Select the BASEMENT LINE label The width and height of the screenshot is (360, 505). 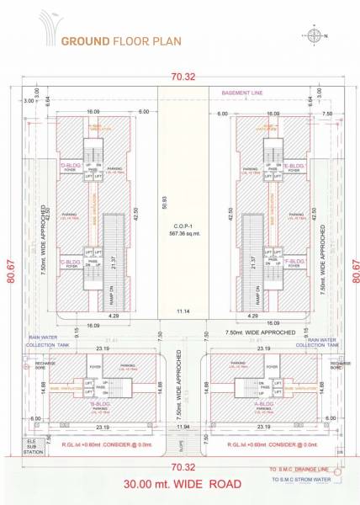tap(245, 93)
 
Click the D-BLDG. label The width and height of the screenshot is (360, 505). tap(70, 166)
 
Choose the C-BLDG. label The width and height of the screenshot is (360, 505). tap(70, 262)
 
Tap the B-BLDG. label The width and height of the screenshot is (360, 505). tap(100, 403)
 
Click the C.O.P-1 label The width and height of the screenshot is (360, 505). tap(180, 228)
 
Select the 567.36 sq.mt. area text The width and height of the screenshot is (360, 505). tap(180, 236)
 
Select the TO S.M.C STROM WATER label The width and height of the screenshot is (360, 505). tap(310, 479)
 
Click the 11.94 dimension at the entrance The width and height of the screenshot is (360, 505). tap(180, 428)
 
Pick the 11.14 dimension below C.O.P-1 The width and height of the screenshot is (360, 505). tap(180, 311)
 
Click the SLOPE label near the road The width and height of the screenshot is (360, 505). tap(180, 446)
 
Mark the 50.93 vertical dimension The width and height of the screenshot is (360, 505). tap(165, 203)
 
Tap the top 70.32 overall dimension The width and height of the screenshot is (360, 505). tap(180, 76)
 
